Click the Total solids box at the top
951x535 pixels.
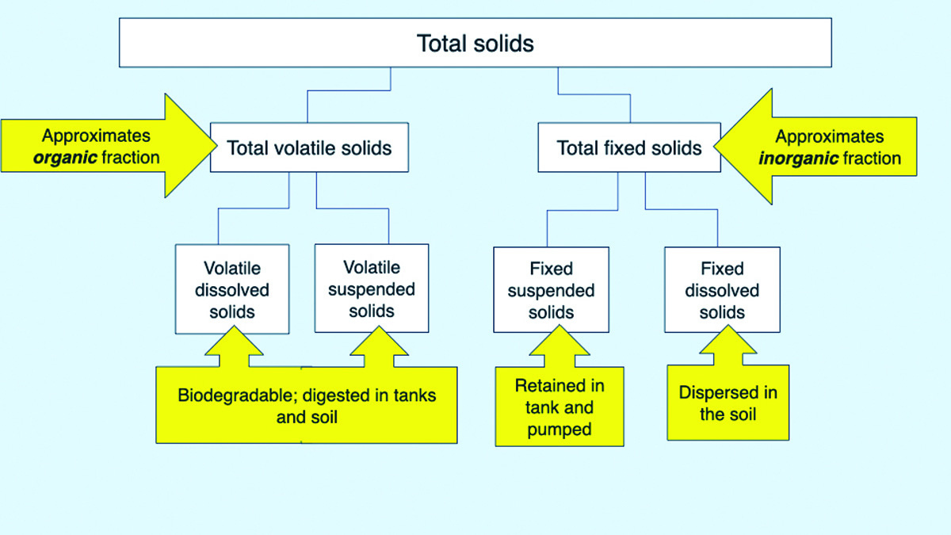[475, 43]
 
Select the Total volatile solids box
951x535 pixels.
[309, 147]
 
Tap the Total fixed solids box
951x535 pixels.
[629, 147]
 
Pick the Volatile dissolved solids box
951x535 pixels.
[232, 289]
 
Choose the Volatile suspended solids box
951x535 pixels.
[372, 288]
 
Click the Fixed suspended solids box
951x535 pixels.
[551, 289]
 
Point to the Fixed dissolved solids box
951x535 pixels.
[722, 289]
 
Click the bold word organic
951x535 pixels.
[65, 158]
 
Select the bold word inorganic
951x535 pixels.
[799, 159]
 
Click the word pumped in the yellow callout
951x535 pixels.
[560, 430]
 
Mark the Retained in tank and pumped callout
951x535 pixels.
[560, 407]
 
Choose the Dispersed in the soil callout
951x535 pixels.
[728, 403]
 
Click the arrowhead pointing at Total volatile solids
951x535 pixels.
[191, 146]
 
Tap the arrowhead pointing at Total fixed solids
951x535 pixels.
[743, 147]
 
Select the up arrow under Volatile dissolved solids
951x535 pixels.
[234, 346]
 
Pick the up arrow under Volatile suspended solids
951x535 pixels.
[379, 346]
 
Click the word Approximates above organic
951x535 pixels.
[96, 136]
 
